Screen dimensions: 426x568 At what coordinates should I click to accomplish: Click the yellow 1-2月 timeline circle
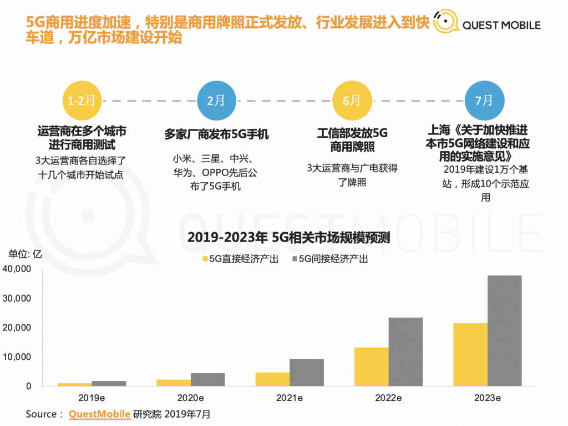click(82, 101)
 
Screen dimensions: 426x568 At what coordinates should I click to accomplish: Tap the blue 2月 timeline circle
click(216, 101)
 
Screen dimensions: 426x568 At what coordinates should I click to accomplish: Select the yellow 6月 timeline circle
click(351, 101)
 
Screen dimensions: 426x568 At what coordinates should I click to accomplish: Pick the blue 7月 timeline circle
click(484, 101)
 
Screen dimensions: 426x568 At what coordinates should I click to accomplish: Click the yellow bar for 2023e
click(471, 354)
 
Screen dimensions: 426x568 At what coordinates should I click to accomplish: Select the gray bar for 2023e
click(505, 330)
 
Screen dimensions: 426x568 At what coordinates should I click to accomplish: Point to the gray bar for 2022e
click(405, 352)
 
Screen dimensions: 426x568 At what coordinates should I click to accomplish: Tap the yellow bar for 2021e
click(272, 379)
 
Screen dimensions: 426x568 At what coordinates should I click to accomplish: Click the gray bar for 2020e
click(208, 379)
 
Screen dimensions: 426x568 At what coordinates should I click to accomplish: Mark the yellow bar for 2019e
click(74, 384)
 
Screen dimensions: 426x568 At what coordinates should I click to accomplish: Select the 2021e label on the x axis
click(288, 398)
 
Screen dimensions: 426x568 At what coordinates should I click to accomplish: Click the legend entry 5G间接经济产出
click(330, 259)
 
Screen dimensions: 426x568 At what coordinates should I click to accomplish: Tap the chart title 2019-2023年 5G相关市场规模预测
click(288, 238)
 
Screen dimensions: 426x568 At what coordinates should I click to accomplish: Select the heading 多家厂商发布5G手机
click(216, 134)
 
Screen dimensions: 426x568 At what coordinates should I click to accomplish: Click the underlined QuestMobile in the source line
click(99, 414)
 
